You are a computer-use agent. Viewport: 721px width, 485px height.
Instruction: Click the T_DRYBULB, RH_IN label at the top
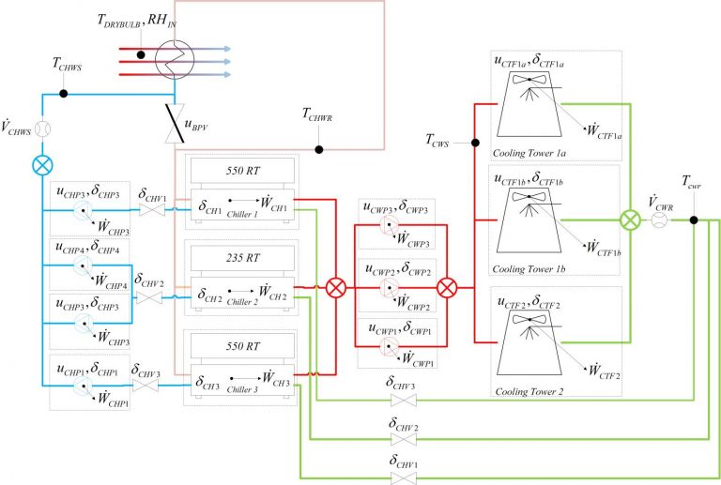pos(136,22)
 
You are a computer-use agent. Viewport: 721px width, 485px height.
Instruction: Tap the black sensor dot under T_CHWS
pos(63,94)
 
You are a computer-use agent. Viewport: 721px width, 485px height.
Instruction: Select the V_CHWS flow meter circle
pos(43,128)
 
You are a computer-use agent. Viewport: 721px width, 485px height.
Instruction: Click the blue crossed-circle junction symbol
pos(43,164)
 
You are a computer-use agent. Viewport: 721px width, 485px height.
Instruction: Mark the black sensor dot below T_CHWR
pos(319,149)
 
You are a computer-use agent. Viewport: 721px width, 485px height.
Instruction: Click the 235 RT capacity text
pos(243,255)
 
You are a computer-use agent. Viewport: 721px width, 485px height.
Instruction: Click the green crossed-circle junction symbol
pos(628,221)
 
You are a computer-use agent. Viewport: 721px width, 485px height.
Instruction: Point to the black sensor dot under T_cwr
pos(693,221)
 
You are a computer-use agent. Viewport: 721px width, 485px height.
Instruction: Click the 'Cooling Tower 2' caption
pos(528,392)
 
